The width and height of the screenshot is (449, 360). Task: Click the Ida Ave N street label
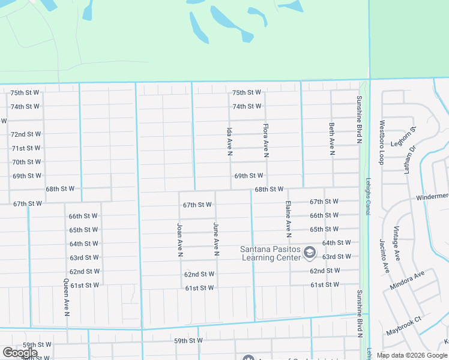(229, 142)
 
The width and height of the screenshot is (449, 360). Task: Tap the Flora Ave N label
(265, 142)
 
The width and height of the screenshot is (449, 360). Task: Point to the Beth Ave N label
(331, 139)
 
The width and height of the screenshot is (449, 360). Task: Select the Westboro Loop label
(381, 143)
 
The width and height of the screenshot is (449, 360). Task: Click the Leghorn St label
(412, 137)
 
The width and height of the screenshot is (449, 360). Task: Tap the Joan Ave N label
(179, 240)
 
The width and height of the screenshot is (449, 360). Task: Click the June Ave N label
(215, 238)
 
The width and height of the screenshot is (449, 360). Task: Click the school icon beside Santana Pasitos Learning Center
(310, 253)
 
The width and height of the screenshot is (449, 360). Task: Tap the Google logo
(20, 353)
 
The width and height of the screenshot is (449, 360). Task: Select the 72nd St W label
(26, 134)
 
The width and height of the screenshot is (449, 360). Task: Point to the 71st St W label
(26, 148)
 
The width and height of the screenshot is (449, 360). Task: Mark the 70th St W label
(26, 162)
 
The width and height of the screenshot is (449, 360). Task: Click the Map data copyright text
(411, 355)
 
